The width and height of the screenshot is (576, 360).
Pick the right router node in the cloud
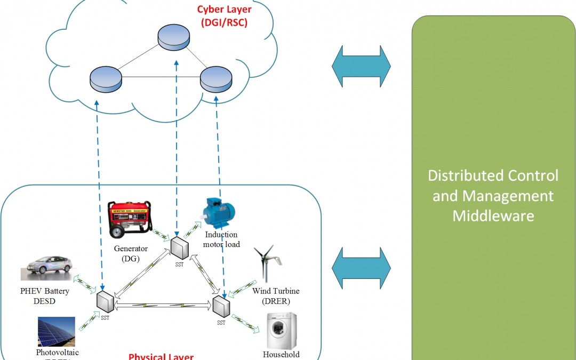click(x=217, y=79)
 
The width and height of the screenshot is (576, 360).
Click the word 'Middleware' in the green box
click(x=493, y=215)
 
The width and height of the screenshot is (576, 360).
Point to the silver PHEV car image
click(x=46, y=267)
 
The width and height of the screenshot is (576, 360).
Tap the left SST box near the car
click(x=106, y=302)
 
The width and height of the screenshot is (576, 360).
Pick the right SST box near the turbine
click(x=221, y=306)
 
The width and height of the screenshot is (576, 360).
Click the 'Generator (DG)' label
click(x=131, y=253)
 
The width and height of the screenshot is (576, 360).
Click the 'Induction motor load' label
click(x=221, y=239)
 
